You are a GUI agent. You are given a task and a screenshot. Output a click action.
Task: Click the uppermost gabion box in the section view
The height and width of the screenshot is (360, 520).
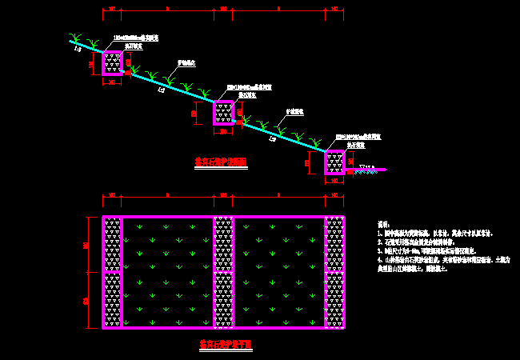pos(113,63)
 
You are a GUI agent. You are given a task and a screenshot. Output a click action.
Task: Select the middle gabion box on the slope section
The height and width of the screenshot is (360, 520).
pos(223,113)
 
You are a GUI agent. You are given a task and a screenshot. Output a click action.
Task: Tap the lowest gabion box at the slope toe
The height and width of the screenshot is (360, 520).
pos(334,162)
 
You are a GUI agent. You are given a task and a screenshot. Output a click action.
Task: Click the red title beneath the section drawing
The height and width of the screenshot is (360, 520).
pos(221,162)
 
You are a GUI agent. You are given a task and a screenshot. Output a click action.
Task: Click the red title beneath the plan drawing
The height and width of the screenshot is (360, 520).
pos(226,344)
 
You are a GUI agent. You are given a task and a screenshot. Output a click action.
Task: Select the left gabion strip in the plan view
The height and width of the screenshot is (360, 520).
pos(113,272)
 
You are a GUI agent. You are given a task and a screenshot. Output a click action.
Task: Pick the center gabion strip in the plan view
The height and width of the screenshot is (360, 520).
pos(223,272)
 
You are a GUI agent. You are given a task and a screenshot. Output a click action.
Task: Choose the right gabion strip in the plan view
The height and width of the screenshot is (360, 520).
pos(334,272)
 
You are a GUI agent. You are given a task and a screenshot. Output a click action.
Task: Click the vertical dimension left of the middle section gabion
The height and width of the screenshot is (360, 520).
pos(194,113)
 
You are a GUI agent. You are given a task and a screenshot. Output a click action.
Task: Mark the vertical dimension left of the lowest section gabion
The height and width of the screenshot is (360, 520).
pos(306,162)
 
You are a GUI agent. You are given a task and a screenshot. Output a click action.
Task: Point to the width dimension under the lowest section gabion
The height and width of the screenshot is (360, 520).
pos(334,182)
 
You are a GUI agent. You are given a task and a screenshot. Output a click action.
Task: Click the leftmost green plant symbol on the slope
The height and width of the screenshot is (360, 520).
pos(75,38)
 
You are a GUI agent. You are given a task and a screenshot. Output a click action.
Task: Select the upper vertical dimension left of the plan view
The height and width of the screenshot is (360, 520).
pos(87,244)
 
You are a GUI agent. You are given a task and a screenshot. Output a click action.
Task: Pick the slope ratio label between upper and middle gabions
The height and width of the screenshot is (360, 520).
pos(162,90)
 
